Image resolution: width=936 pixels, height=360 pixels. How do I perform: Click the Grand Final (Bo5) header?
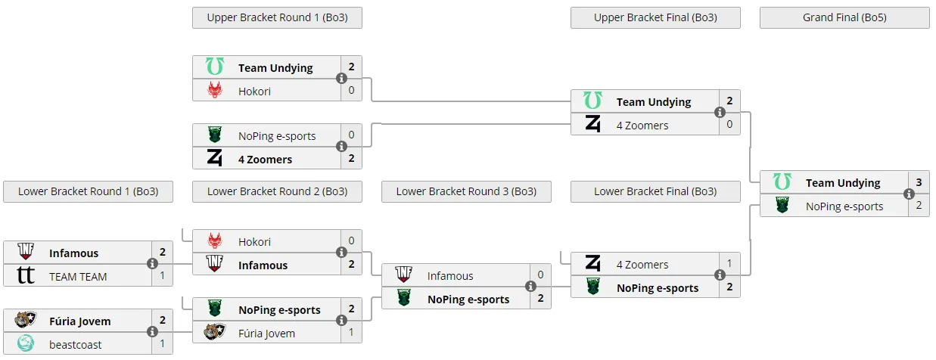pos(844,17)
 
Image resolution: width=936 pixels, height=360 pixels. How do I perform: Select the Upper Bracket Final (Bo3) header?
pos(655,17)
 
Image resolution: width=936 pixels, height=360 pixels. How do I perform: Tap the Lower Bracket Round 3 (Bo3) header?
pos(466,191)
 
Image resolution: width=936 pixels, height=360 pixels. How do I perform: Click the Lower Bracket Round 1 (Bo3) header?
pos(89,191)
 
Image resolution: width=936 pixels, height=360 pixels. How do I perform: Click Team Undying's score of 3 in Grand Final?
pos(919,182)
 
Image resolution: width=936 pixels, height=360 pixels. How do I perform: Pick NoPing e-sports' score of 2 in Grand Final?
pos(919,206)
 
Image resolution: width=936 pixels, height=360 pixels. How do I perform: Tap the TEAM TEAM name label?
pos(78,277)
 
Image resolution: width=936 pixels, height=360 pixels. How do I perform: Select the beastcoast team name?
pos(75,345)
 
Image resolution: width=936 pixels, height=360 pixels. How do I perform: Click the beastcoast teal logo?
pos(26,343)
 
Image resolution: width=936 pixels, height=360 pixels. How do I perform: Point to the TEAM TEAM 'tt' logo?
pos(26,275)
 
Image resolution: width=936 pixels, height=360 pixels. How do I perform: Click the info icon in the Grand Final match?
pos(909,194)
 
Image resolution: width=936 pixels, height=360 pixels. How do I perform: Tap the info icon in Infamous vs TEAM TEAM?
pos(153,263)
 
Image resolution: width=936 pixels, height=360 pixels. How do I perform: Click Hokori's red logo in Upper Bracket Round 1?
pos(215,90)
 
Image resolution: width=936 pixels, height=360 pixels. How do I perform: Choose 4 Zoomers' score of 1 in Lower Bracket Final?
pos(729,263)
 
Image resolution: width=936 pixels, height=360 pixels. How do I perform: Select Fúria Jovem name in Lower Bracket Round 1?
pos(79,321)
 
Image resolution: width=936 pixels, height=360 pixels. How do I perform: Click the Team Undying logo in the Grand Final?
pos(782,182)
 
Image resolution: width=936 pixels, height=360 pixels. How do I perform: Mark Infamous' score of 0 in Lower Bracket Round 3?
pos(540,275)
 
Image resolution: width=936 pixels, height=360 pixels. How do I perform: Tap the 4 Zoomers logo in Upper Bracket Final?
pos(592,124)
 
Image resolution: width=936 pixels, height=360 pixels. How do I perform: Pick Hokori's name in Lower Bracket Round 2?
pos(254,242)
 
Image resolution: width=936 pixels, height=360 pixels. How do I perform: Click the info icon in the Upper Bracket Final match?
pos(720,113)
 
